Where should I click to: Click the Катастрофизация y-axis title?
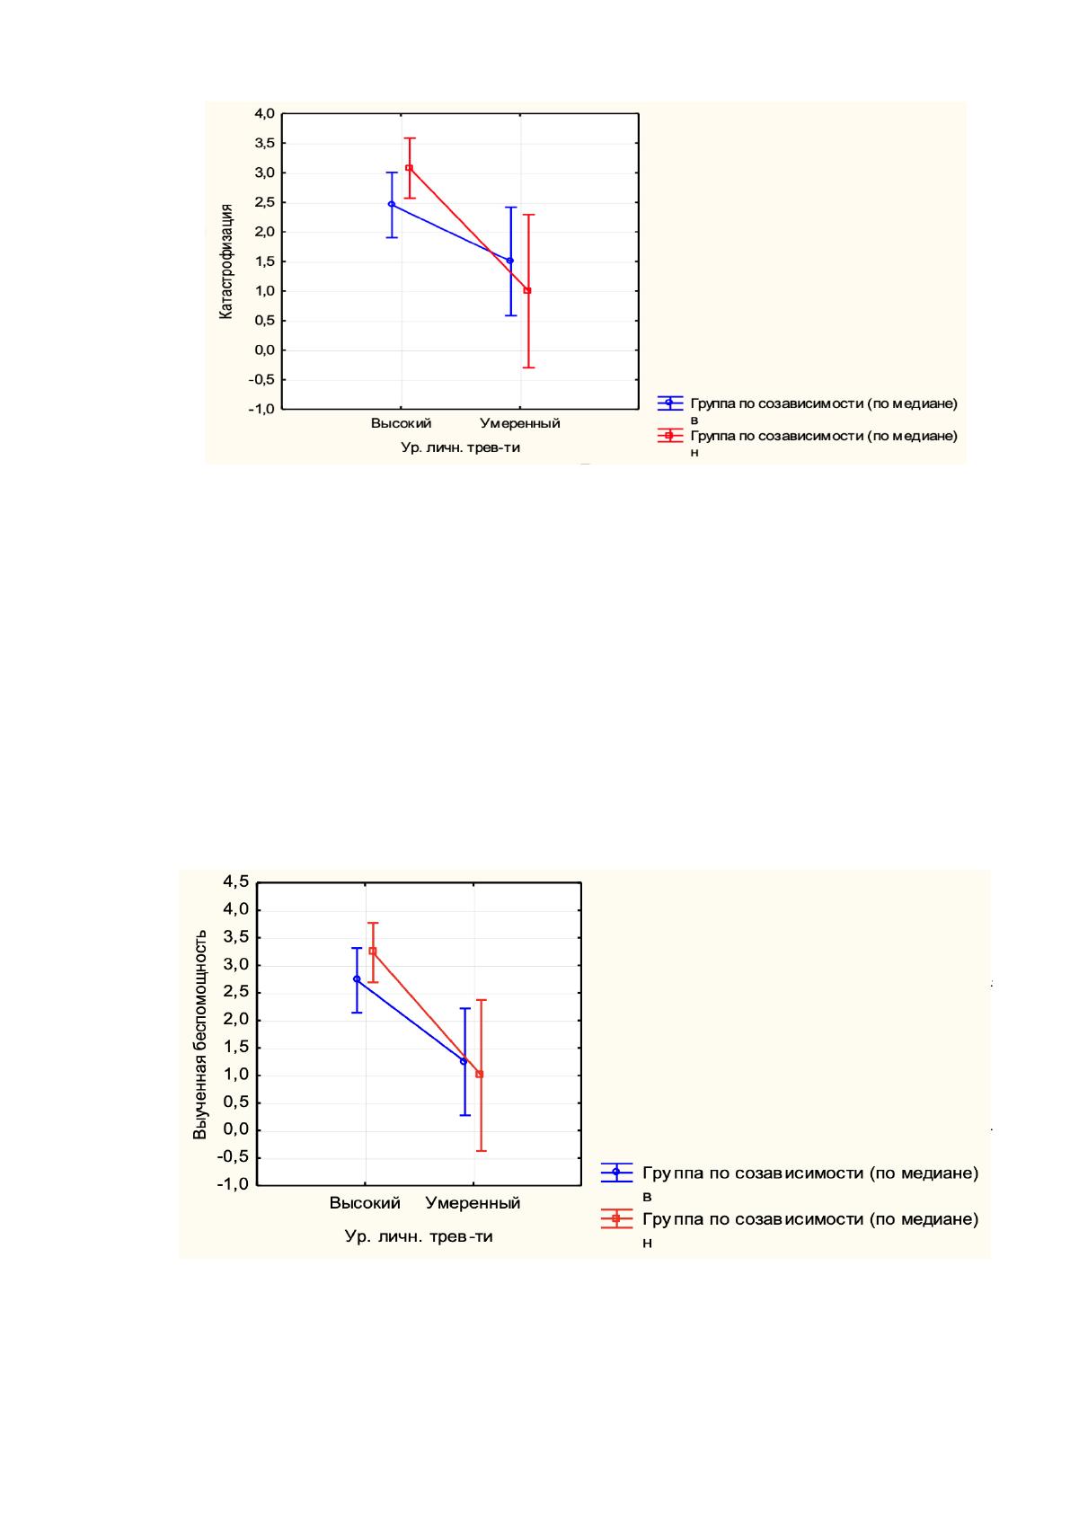(x=226, y=261)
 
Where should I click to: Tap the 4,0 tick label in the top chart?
(x=264, y=113)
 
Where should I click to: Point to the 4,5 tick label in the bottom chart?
(x=236, y=881)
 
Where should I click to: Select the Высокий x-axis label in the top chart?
(x=401, y=424)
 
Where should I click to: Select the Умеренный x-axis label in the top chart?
(x=520, y=424)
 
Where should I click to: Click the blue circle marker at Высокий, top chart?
(x=392, y=204)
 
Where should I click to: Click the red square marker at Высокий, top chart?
(x=409, y=168)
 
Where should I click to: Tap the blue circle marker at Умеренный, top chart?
(x=510, y=261)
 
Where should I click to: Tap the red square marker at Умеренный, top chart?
(x=528, y=290)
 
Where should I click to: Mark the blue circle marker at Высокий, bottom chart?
(x=357, y=978)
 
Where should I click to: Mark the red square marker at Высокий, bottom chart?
(x=373, y=951)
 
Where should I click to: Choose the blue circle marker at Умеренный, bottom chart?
(x=464, y=1061)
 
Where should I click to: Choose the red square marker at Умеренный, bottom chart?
(x=480, y=1074)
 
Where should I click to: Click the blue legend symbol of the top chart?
(x=670, y=403)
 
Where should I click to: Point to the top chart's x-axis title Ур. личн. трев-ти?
(x=460, y=447)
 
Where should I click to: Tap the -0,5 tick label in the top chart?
(x=261, y=380)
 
